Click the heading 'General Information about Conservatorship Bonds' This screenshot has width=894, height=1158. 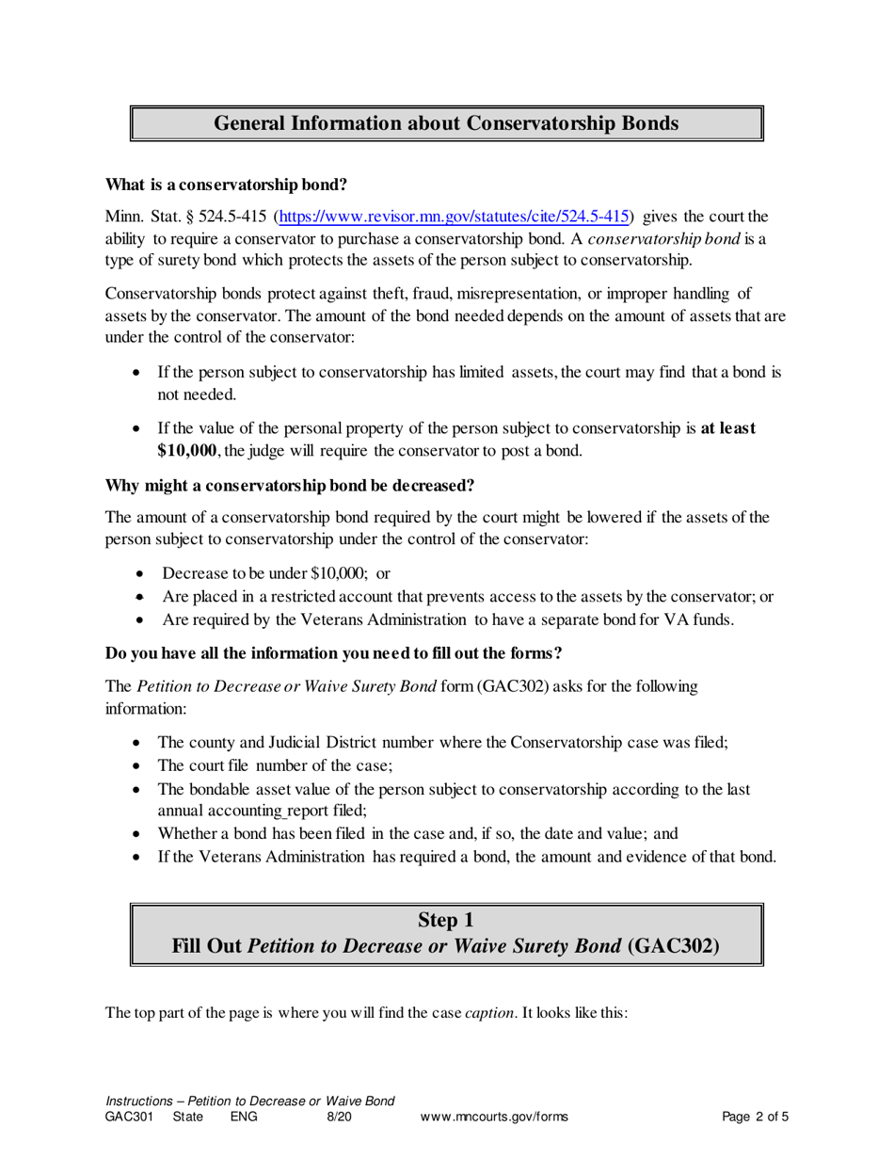tap(446, 123)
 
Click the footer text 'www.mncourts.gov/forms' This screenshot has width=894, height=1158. tap(494, 1118)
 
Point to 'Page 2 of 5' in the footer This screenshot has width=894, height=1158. tap(755, 1118)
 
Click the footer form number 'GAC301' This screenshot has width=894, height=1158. tap(131, 1118)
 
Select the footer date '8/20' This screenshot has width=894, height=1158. tap(339, 1118)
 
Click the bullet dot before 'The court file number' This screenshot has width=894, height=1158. tap(139, 765)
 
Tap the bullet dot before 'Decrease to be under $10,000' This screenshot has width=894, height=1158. tap(140, 573)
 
